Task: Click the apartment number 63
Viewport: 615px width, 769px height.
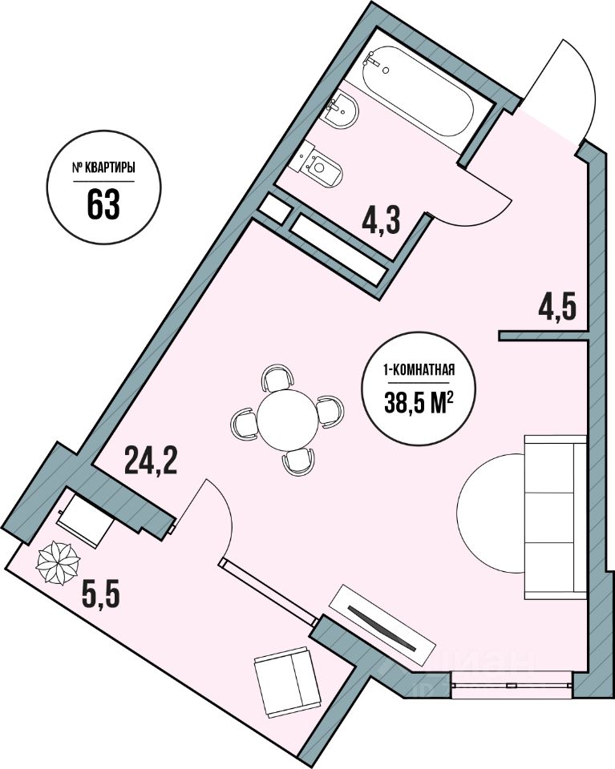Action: pos(103,204)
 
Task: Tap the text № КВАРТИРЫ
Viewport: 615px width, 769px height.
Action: pos(103,169)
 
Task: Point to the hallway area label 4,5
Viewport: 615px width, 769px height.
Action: pos(558,308)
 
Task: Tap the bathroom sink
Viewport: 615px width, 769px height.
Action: pos(340,112)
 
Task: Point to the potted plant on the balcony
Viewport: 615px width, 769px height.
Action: pos(57,563)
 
